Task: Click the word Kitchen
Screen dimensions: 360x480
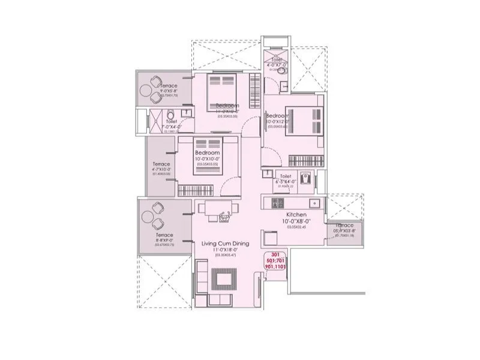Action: click(x=296, y=214)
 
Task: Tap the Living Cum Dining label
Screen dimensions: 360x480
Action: click(x=226, y=243)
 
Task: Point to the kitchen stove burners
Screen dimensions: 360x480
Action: click(x=278, y=203)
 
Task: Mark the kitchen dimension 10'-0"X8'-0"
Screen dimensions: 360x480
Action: click(x=296, y=221)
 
